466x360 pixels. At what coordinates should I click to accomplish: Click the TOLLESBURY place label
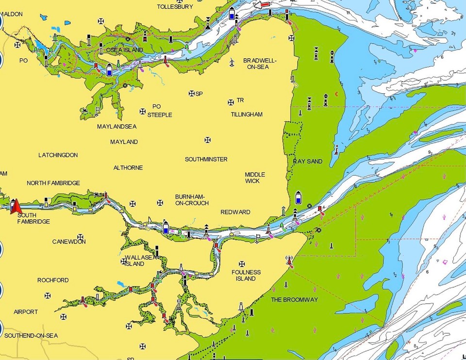tap(175, 7)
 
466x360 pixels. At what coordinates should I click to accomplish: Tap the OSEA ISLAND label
tap(125, 50)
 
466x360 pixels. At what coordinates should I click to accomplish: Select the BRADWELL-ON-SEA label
tap(260, 64)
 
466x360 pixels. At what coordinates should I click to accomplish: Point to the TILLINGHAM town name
tap(247, 115)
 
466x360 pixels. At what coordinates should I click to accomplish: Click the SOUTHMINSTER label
tap(206, 159)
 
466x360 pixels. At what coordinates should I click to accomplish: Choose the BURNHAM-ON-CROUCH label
tap(192, 200)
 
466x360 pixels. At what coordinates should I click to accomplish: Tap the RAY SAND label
tap(308, 161)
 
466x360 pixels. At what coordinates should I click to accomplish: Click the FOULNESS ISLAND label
tap(246, 276)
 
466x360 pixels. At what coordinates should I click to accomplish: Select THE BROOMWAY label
tap(294, 299)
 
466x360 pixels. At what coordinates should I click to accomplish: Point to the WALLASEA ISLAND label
tap(140, 261)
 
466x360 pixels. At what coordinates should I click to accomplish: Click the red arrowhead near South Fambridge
tap(15, 205)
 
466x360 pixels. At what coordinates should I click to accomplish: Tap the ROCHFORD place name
tap(53, 280)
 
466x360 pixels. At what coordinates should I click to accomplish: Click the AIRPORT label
tap(26, 312)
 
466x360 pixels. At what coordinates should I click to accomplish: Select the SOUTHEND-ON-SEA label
tap(31, 336)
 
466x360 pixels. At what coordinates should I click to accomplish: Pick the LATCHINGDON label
tap(58, 155)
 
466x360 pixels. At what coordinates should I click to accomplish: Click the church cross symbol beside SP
tap(191, 93)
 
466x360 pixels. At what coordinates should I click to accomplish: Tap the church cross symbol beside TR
tap(231, 102)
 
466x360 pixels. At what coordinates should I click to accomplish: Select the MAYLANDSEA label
tap(116, 127)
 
